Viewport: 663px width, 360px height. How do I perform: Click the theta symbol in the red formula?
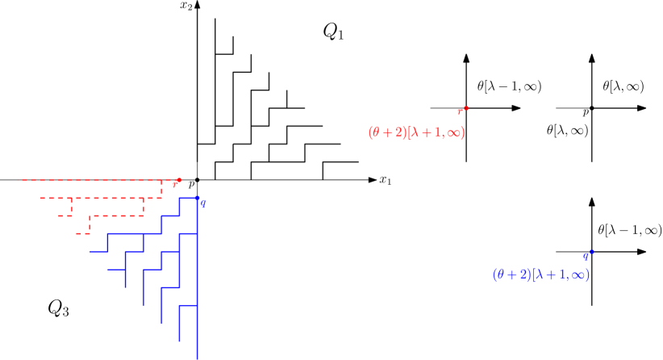pyautogui.click(x=376, y=133)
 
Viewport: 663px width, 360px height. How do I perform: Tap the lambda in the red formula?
pyautogui.click(x=414, y=133)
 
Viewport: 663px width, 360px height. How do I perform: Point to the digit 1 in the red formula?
pyautogui.click(x=435, y=133)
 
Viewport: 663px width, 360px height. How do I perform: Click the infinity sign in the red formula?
pyautogui.click(x=453, y=133)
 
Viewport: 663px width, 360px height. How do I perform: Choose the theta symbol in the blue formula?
pyautogui.click(x=501, y=274)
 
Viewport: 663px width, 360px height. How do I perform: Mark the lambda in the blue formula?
pyautogui.click(x=539, y=274)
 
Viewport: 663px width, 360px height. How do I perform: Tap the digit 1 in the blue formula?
pyautogui.click(x=560, y=274)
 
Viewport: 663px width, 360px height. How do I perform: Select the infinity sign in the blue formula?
pyautogui.click(x=578, y=274)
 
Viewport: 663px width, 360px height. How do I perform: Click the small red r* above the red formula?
pyautogui.click(x=463, y=111)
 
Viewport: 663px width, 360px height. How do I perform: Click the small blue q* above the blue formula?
pyautogui.click(x=588, y=256)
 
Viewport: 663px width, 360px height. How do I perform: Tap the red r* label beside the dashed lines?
pyautogui.click(x=177, y=183)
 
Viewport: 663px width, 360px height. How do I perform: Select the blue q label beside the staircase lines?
pyautogui.click(x=204, y=204)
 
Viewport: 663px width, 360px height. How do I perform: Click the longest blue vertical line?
pyautogui.click(x=197, y=283)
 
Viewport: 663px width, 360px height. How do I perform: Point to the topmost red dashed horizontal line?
pyautogui.click(x=89, y=180)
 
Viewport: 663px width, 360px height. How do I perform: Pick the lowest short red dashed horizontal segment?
pyautogui.click(x=82, y=233)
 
